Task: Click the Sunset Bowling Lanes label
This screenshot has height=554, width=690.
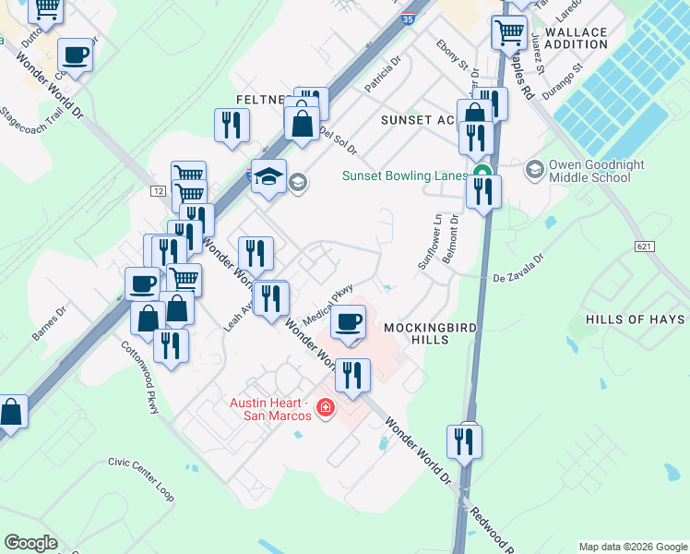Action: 406,175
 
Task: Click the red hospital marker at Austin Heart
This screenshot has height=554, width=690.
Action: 325,407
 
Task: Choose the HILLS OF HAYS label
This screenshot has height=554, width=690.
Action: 636,319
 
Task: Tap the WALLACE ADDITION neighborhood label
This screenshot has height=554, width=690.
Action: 576,38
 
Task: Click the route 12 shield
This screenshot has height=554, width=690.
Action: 158,190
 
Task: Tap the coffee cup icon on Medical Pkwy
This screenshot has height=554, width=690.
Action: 348,322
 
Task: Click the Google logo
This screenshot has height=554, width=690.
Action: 31,543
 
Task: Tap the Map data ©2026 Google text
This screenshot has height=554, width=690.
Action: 632,547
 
